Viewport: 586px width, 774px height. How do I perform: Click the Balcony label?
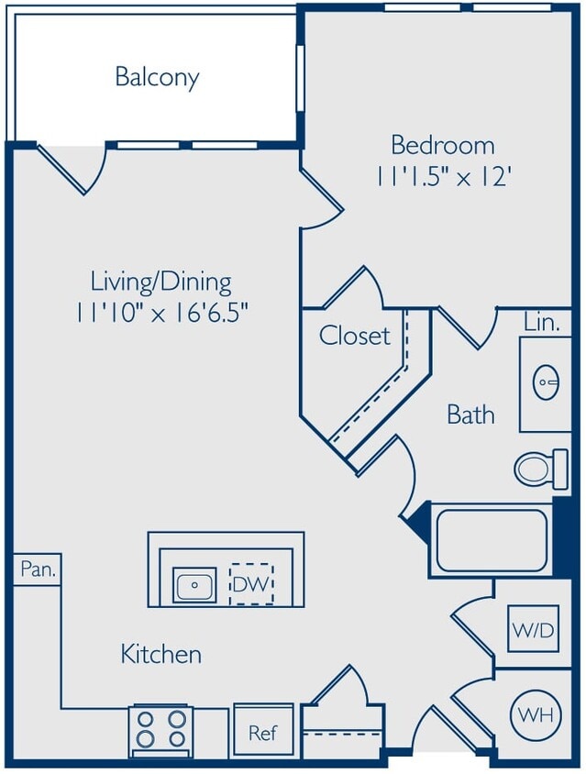[157, 77]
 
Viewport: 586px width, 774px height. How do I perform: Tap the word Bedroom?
[443, 145]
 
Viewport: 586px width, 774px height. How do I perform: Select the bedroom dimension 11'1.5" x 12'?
[443, 176]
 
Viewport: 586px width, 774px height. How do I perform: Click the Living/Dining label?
[161, 281]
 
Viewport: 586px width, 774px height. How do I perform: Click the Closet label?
[354, 336]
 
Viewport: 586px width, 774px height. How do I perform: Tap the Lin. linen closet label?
[541, 323]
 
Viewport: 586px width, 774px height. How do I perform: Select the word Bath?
[470, 415]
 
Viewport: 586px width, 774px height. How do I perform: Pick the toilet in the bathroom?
[536, 469]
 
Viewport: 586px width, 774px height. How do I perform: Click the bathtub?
[492, 540]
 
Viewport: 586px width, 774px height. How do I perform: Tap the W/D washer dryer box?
[532, 630]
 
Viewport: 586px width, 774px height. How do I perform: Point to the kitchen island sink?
[194, 584]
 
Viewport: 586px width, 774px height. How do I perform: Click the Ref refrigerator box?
[263, 732]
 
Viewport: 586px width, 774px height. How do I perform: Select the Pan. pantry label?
[38, 569]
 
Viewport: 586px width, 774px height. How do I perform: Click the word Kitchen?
[161, 654]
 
